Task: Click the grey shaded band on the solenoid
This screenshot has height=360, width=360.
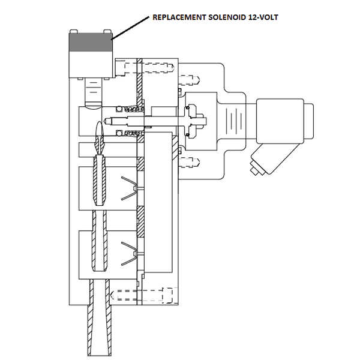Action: (90, 43)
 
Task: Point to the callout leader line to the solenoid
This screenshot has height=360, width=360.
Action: (129, 29)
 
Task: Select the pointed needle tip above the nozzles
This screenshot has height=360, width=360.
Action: (101, 129)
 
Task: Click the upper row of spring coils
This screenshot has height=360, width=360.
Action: (129, 109)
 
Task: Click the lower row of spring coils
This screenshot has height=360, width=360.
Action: (129, 132)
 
